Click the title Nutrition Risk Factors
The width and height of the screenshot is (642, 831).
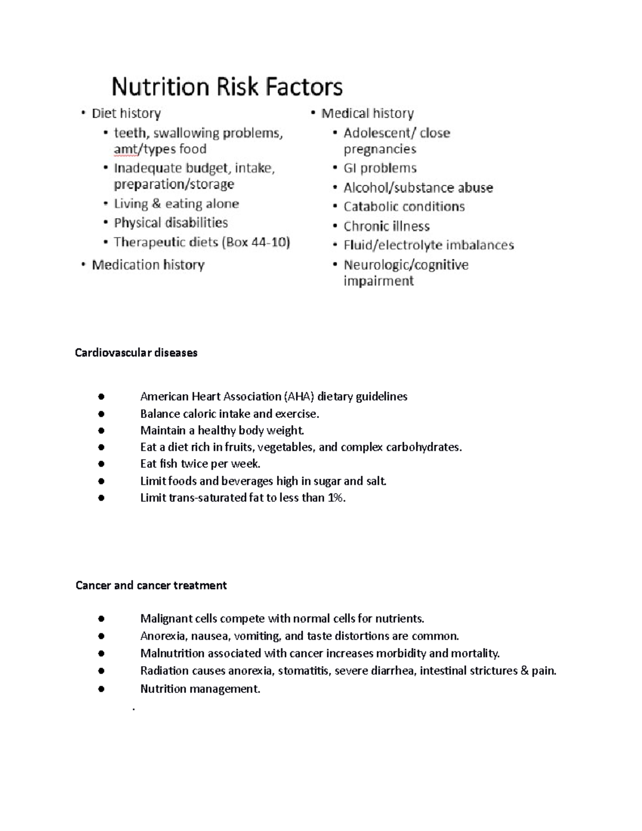227,87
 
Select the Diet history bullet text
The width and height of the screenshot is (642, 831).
126,113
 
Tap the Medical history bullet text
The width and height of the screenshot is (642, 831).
368,113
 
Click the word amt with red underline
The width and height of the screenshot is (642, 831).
125,149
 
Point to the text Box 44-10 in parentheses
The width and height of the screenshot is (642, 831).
256,242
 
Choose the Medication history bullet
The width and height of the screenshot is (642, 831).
148,265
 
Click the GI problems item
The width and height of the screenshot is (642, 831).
380,168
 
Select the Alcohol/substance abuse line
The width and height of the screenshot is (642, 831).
418,188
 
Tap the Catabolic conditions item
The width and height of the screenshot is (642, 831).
404,207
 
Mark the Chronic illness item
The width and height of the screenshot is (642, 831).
386,226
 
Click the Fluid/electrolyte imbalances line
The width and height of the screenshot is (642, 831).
429,245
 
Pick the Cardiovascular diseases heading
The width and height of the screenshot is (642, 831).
136,353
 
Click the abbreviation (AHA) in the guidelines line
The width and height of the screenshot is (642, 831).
299,397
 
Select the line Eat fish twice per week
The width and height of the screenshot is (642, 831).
200,464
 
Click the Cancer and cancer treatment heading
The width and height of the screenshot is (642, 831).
151,585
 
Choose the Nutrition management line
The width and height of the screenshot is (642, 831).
200,689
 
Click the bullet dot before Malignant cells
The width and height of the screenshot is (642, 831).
101,619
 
